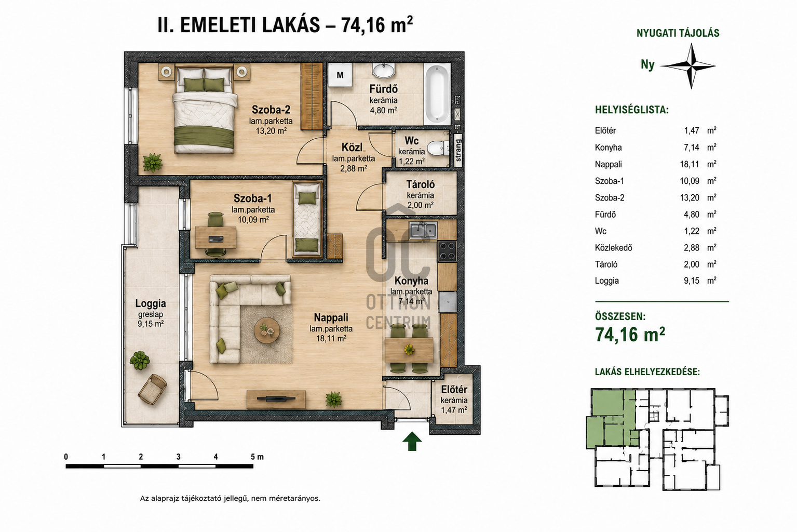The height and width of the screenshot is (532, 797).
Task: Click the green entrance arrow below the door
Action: click(x=412, y=441)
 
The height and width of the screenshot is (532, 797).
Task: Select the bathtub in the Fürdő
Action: click(x=437, y=94)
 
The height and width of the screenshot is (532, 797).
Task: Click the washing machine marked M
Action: click(x=340, y=75)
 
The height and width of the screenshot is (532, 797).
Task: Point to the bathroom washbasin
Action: click(x=384, y=71)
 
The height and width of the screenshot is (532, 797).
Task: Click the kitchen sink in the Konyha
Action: click(x=423, y=230)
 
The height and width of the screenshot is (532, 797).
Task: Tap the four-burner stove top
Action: click(x=447, y=251)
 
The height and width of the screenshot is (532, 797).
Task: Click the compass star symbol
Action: click(x=691, y=66)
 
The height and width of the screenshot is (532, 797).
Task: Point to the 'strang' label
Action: click(x=458, y=150)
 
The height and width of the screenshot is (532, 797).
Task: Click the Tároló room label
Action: click(x=421, y=184)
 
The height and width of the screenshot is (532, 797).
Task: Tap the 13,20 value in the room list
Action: click(x=690, y=197)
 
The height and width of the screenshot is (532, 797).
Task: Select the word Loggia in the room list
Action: click(x=606, y=281)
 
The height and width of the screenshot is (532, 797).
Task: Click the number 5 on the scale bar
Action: click(x=253, y=457)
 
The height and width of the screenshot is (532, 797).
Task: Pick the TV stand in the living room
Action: click(x=276, y=399)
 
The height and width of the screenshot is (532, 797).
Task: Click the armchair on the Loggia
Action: click(x=152, y=389)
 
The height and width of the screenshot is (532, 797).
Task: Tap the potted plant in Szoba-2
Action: click(x=152, y=163)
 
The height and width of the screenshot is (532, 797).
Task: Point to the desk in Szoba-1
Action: click(x=215, y=237)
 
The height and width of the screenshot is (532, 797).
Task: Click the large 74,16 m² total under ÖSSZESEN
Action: click(x=630, y=335)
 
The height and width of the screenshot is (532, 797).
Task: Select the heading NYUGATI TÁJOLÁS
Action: click(x=678, y=33)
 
